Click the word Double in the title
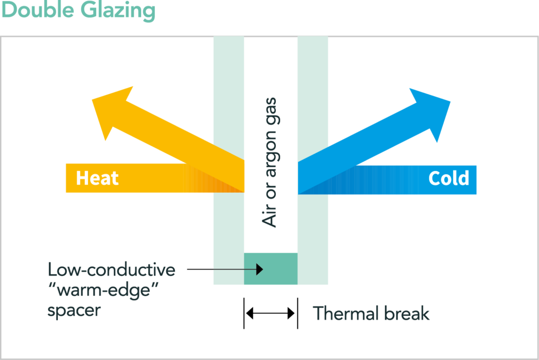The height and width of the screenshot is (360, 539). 38,11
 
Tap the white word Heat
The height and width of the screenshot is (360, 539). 97,178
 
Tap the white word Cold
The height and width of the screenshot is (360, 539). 448,178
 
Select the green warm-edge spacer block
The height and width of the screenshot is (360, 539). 271,269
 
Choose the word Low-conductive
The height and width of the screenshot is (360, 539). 111,271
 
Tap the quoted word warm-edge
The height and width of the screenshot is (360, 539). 103,291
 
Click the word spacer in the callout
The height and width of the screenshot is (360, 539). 73,311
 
